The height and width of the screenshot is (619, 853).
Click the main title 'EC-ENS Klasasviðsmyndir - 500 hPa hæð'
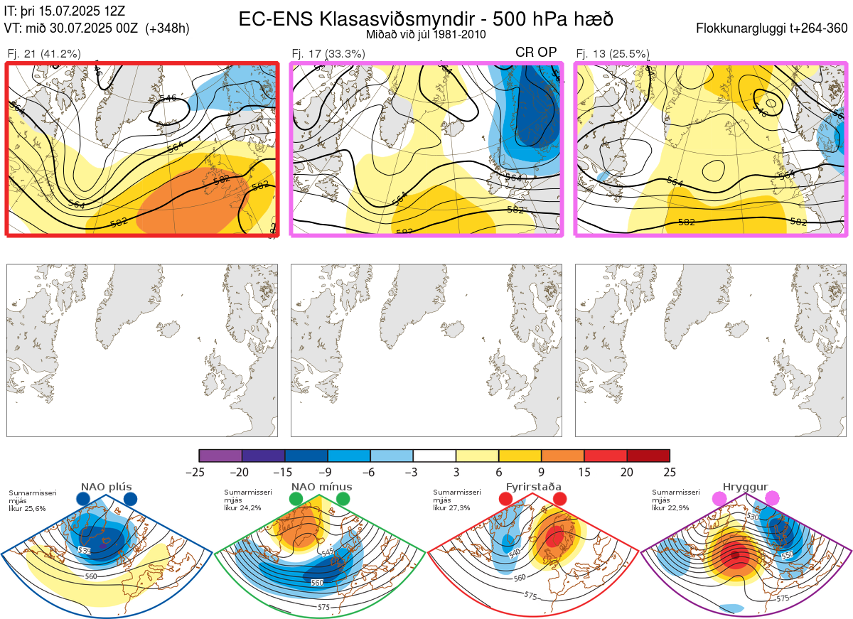[x=426, y=18]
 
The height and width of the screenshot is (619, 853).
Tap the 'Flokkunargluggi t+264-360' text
[x=774, y=28]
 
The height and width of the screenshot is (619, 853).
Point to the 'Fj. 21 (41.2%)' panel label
[x=44, y=53]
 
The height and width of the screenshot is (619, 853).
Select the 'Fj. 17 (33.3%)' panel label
[x=328, y=53]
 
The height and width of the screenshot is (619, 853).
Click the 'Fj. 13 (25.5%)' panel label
[x=613, y=53]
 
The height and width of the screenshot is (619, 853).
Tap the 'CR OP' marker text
[x=536, y=52]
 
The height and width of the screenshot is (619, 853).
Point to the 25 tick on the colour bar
[x=670, y=472]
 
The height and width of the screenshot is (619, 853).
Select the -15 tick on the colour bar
[x=284, y=472]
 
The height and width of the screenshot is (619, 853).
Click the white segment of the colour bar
[x=434, y=456]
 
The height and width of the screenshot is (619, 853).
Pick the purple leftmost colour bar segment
[x=220, y=456]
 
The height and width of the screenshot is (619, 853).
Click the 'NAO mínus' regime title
[x=321, y=487]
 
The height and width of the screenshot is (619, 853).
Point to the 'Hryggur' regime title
[x=746, y=487]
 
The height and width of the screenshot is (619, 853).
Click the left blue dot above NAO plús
[x=83, y=500]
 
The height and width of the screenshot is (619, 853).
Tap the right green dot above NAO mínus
[x=343, y=500]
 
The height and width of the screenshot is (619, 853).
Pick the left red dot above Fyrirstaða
[x=506, y=500]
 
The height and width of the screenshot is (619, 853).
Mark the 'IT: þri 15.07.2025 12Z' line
[x=65, y=11]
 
